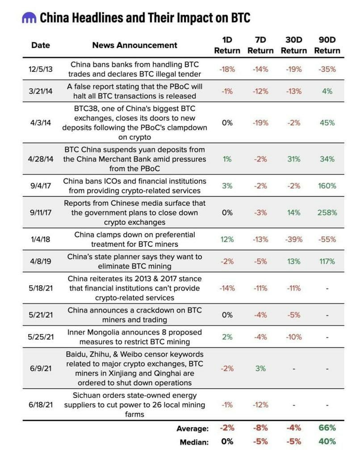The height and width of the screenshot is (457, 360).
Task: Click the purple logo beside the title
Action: point(29,18)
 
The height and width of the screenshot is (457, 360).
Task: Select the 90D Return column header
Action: point(327,45)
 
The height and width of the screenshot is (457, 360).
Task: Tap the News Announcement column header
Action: point(134,45)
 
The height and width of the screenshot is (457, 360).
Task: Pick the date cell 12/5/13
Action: point(41,69)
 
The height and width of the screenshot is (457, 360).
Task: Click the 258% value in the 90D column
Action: point(327,212)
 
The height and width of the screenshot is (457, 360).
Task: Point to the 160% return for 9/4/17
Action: point(327,186)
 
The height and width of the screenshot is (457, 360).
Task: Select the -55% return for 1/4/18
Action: point(327,239)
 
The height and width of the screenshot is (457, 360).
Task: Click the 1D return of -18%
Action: point(227,69)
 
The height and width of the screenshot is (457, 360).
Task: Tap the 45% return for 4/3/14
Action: point(327,123)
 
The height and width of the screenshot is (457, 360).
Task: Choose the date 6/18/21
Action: point(41,405)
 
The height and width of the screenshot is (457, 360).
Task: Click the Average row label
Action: point(193,428)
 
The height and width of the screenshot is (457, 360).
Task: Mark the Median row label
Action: point(194,442)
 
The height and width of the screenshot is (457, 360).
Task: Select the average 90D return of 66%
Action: point(327,428)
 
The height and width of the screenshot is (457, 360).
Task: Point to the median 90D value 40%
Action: point(327,441)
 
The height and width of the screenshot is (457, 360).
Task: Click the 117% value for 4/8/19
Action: point(327,261)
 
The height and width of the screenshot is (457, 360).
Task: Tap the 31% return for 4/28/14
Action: point(294,159)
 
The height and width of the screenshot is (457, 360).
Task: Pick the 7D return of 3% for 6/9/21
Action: point(260,368)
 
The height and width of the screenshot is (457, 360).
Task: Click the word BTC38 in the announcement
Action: point(85,109)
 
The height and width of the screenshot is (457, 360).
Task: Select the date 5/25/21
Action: point(41,337)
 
